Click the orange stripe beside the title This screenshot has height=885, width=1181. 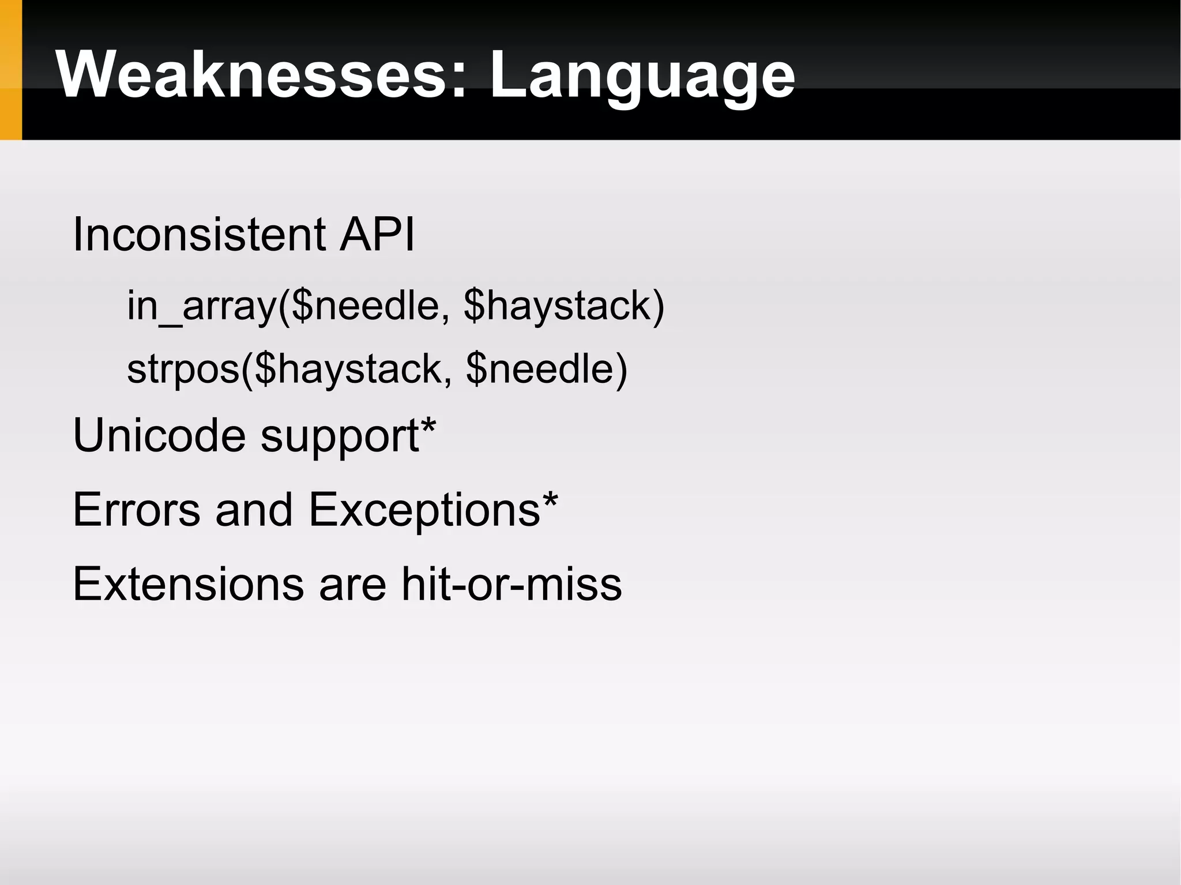point(10,70)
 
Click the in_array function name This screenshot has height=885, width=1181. point(201,306)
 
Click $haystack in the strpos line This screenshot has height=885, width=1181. point(348,369)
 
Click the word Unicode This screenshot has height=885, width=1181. point(159,435)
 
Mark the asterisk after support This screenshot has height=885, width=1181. point(428,427)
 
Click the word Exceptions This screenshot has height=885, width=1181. point(424,511)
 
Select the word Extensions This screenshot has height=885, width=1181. point(188,584)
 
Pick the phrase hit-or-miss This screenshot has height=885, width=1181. point(511,584)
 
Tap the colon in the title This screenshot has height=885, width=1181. point(458,81)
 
